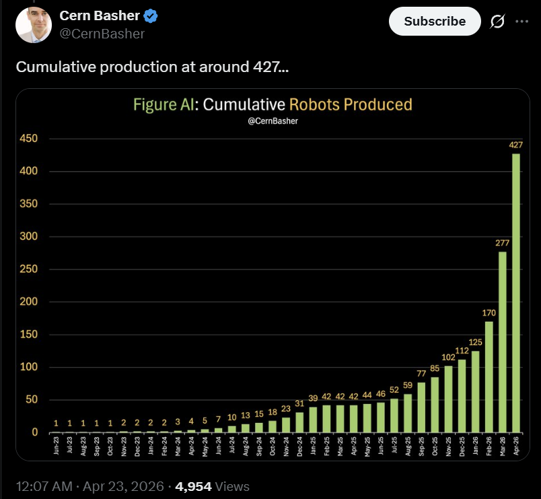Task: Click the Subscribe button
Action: (x=435, y=22)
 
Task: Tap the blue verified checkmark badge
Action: (x=151, y=16)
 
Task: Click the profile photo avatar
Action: (x=34, y=24)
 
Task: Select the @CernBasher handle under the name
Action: (x=102, y=34)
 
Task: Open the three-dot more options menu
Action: (x=521, y=22)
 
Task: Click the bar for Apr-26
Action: (x=516, y=293)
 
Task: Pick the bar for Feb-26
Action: (x=489, y=376)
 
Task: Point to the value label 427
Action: (x=516, y=145)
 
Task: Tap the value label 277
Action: (x=503, y=242)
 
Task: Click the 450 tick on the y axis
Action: (x=32, y=139)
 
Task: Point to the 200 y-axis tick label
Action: (x=32, y=302)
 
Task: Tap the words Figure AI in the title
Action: (x=163, y=104)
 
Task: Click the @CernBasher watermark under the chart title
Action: (x=273, y=121)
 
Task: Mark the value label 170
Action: (x=489, y=312)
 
